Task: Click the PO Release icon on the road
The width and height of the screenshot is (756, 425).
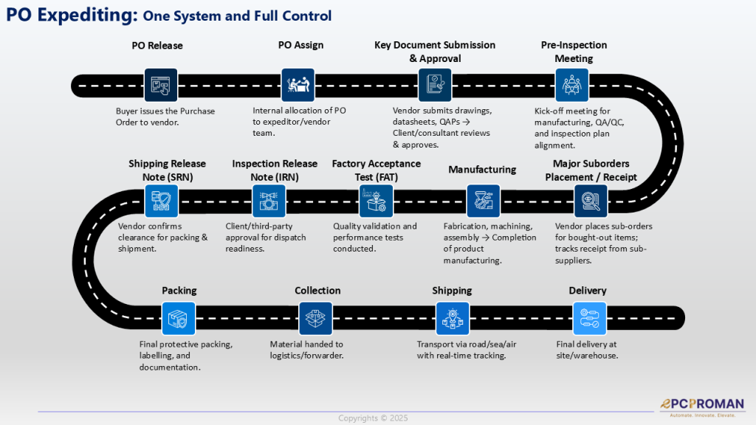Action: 160,85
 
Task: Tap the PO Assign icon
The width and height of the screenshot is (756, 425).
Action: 298,85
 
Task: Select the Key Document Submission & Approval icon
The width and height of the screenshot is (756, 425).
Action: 435,85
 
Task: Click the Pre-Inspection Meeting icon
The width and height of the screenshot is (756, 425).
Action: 571,85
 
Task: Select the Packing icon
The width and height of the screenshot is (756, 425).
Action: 179,319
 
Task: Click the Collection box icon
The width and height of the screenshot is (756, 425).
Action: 315,319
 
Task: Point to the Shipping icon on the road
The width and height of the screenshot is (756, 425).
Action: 452,319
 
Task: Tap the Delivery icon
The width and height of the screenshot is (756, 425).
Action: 588,319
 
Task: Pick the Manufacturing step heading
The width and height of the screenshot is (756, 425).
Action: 482,170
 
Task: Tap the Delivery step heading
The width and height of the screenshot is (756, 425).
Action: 588,291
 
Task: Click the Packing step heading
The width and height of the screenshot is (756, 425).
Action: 179,291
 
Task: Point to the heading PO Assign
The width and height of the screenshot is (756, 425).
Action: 300,45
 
